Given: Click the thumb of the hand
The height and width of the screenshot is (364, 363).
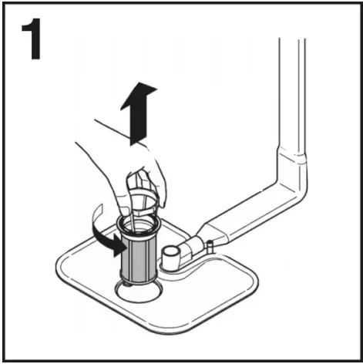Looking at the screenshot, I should [123, 197].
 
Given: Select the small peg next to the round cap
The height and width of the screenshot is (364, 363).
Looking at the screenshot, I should [207, 247].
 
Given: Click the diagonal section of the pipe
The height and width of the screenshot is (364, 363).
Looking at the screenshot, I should [247, 212].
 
